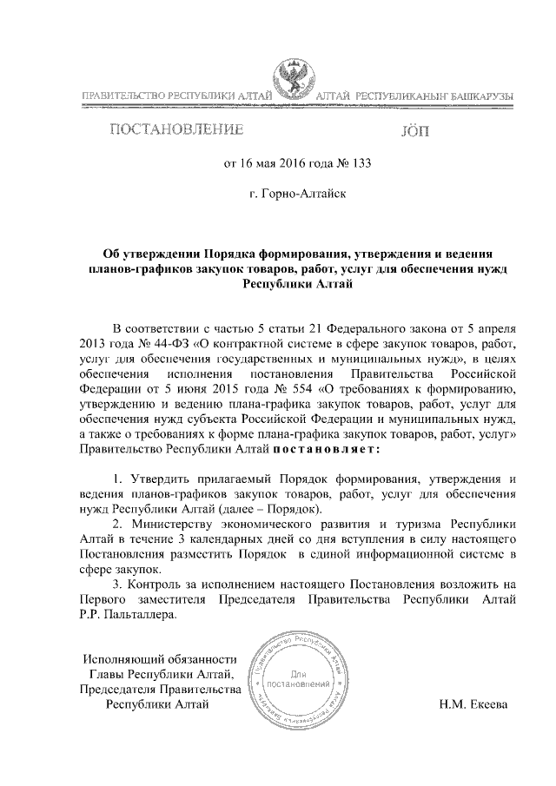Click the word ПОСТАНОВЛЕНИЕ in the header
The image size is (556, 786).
click(175, 131)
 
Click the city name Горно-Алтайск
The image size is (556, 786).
click(298, 194)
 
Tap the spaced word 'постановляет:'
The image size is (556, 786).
click(327, 450)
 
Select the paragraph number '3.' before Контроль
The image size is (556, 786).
click(118, 584)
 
